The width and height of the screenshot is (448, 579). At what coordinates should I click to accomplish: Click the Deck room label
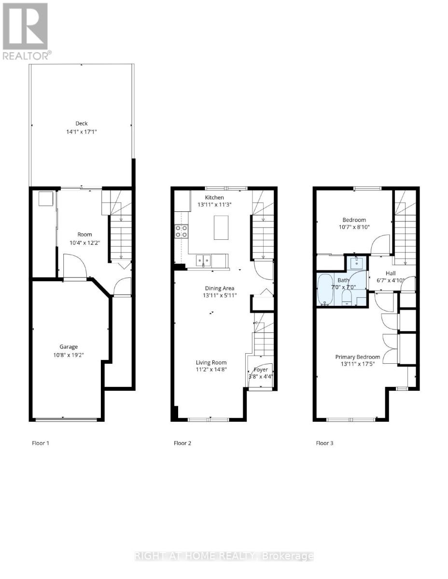coord(82,124)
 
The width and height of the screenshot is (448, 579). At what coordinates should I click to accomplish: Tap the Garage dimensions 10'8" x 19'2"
coord(69,354)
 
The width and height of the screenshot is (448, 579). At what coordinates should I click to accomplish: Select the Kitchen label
coord(214,197)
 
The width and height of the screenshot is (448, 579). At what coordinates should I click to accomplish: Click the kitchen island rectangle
coord(221,228)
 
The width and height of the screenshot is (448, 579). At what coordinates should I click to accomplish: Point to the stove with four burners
coord(182,232)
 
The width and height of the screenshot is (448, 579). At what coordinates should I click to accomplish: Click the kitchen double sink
coord(203,261)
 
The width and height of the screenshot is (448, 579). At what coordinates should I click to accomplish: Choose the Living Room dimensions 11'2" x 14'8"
coord(211,370)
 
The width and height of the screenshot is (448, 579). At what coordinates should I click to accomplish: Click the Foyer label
coord(261,370)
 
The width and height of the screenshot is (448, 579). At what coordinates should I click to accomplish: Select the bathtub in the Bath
coord(325,290)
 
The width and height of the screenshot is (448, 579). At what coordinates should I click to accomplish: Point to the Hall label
coord(390,273)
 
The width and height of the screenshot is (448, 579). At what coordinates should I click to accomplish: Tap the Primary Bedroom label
coord(358,357)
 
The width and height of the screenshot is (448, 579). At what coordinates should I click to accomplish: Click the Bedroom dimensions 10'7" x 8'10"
coord(354,228)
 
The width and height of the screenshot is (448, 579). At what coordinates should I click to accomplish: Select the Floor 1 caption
coord(41,443)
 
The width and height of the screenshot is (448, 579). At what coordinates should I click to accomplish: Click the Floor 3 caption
coord(324,443)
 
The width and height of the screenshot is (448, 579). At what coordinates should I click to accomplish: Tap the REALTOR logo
coord(26,32)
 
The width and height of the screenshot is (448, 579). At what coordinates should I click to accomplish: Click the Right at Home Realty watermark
coord(224,556)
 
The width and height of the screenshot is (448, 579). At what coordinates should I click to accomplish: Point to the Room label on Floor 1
coord(84,234)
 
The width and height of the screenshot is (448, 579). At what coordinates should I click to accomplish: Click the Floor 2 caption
coord(182,443)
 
